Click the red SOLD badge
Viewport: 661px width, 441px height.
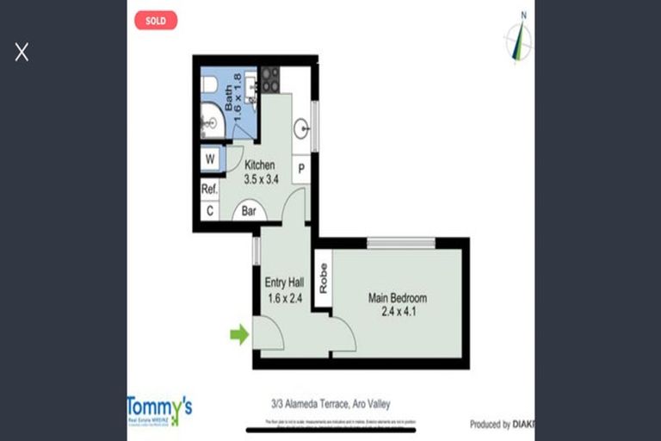(x=156, y=20)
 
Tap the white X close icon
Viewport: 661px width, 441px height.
(x=22, y=53)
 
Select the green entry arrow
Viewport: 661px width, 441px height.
(x=238, y=334)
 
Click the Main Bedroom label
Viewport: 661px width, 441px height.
(x=398, y=299)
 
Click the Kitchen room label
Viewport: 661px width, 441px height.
(x=260, y=165)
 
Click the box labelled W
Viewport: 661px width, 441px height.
(x=210, y=159)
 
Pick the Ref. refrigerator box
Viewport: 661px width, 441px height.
(x=209, y=189)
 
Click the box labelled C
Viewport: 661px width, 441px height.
(x=209, y=210)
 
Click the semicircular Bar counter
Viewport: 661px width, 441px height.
(x=249, y=211)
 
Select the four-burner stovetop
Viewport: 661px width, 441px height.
(x=270, y=79)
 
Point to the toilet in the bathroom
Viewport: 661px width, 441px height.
(x=209, y=84)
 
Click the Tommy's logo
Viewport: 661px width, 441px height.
(x=159, y=408)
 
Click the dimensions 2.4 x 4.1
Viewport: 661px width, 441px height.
(x=398, y=312)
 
